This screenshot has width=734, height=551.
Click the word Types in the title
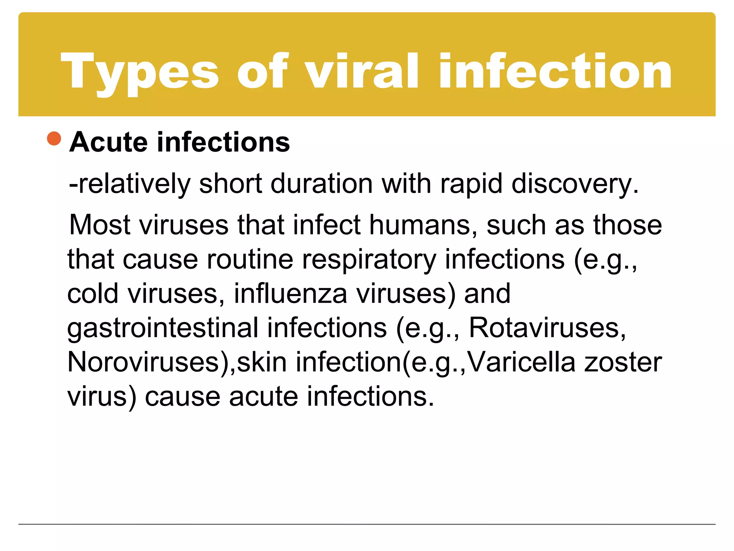coord(140,72)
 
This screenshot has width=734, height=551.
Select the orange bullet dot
coord(54,139)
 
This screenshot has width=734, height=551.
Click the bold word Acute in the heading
coord(109,142)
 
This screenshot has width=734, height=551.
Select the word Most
coord(100,225)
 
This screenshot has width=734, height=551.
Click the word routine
coord(250,259)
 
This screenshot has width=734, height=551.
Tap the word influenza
coord(291,294)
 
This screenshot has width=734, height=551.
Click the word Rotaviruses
coord(547,328)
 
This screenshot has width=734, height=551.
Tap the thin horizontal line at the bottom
coord(367,524)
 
